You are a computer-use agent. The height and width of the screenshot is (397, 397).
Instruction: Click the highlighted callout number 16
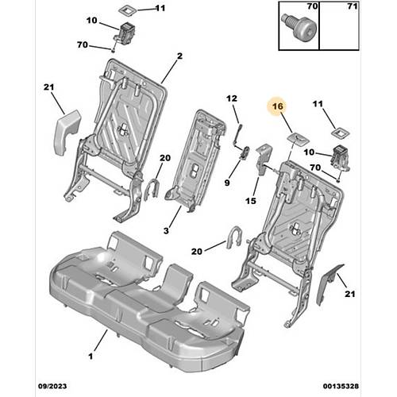(x=278, y=106)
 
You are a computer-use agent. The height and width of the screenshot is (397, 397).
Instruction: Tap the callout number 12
(x=232, y=98)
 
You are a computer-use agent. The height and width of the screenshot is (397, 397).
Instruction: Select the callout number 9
(x=227, y=183)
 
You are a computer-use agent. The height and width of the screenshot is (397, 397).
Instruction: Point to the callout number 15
(x=251, y=201)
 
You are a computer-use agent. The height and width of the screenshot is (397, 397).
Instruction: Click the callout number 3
(x=166, y=231)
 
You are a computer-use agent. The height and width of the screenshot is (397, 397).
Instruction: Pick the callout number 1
(x=91, y=357)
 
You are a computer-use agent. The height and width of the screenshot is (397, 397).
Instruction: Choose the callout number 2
(x=179, y=56)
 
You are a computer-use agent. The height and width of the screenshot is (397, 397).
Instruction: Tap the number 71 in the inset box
(x=353, y=6)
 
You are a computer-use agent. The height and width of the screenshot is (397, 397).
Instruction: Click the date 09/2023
(x=52, y=386)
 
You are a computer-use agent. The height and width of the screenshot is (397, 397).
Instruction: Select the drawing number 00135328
(x=341, y=386)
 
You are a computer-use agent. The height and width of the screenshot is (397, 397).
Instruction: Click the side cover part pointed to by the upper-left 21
(x=67, y=132)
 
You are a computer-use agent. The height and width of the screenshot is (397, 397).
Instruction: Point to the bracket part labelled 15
(x=264, y=160)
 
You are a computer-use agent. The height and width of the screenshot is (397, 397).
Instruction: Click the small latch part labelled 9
(x=245, y=152)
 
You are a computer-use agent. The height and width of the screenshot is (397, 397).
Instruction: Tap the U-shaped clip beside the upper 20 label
(x=151, y=190)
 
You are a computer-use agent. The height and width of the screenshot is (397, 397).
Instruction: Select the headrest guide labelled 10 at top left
(x=125, y=33)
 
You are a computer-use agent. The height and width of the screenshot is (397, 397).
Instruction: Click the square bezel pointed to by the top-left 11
(x=127, y=11)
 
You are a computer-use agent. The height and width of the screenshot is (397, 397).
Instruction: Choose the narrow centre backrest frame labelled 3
(x=195, y=160)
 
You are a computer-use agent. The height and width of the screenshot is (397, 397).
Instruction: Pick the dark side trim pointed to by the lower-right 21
(x=330, y=283)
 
